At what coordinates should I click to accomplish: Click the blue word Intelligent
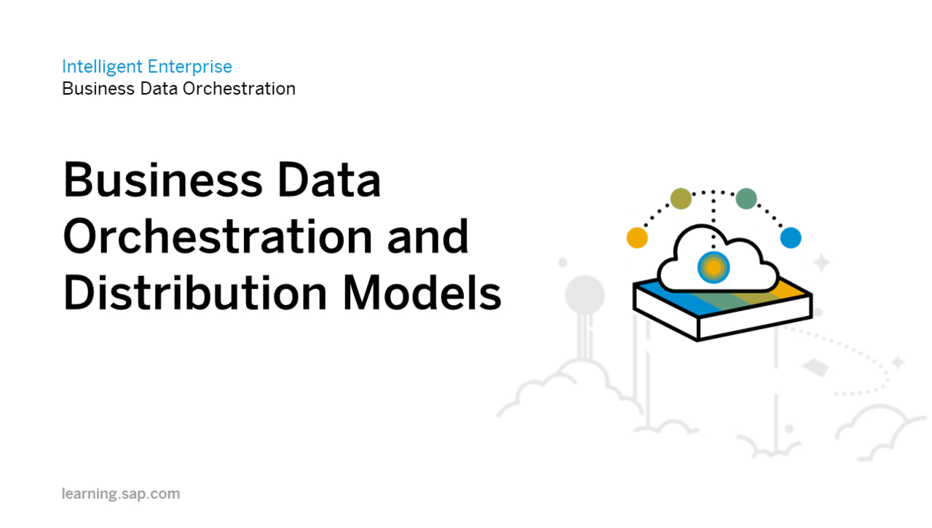pyautogui.click(x=102, y=67)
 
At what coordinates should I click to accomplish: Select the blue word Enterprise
pyautogui.click(x=189, y=67)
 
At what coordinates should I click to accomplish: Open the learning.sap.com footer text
pyautogui.click(x=121, y=494)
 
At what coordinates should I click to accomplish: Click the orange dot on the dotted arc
pyautogui.click(x=637, y=237)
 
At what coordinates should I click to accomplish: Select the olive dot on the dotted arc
pyautogui.click(x=681, y=198)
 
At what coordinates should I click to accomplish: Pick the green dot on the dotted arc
pyautogui.click(x=746, y=198)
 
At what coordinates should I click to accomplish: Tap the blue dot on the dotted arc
pyautogui.click(x=791, y=237)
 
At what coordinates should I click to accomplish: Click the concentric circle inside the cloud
pyautogui.click(x=714, y=268)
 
